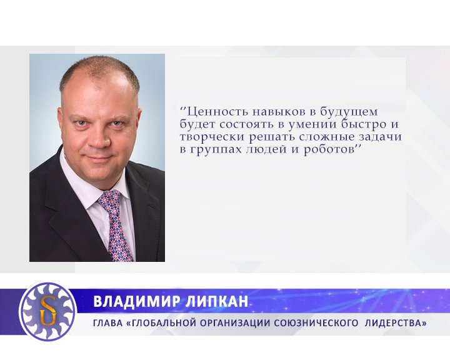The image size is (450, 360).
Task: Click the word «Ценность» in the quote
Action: (x=211, y=112)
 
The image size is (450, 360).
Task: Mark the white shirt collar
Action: (x=84, y=187)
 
